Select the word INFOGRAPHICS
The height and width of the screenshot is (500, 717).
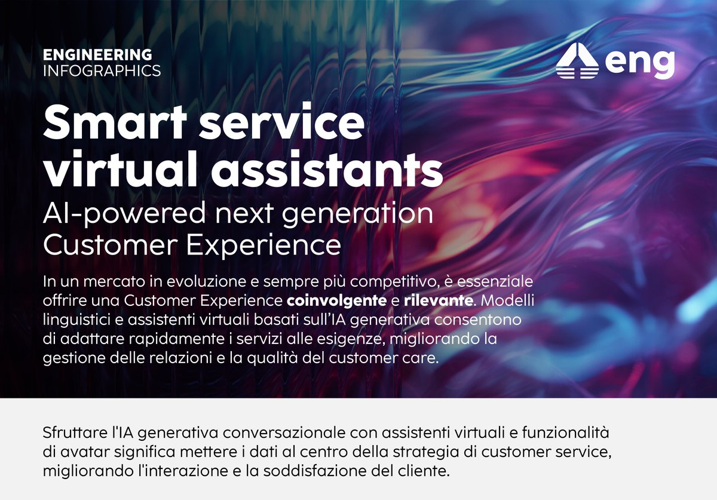tap(102, 71)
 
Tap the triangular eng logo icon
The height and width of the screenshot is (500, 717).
tap(577, 61)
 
